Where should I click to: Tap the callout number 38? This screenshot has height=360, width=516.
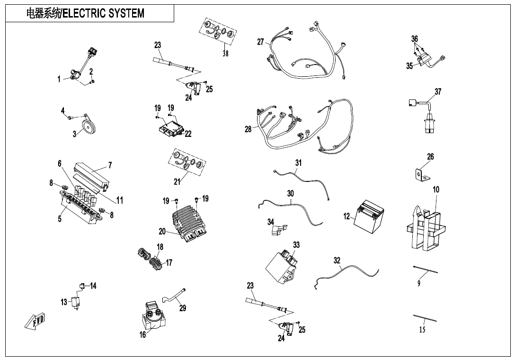point(225,54)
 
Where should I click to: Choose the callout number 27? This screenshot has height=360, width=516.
point(260,42)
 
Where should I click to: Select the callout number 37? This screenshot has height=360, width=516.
point(438,91)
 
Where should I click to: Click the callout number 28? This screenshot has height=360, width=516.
point(248,129)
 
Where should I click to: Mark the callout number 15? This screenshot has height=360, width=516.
point(422,330)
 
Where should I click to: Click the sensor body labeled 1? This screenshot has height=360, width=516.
point(74,74)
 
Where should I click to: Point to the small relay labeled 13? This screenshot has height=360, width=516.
point(75,302)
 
